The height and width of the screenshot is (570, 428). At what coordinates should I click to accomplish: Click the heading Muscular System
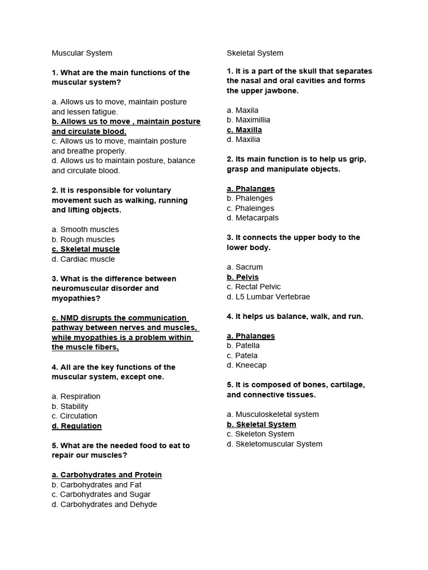82,53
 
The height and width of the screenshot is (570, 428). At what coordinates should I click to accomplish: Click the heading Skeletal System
255,53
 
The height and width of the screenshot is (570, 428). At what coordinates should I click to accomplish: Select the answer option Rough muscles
83,239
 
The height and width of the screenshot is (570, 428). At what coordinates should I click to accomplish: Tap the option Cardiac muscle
83,259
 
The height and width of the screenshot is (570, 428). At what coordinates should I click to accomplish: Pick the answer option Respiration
76,396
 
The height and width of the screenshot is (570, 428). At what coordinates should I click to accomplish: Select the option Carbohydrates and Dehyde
104,504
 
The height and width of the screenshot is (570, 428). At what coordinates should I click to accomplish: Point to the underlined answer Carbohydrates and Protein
106,475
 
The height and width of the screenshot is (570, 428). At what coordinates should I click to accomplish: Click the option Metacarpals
252,218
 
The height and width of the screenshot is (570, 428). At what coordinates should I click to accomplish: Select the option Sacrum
245,267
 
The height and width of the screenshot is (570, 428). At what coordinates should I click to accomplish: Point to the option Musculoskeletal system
273,414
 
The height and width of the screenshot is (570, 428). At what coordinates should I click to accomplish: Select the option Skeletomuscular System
274,444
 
